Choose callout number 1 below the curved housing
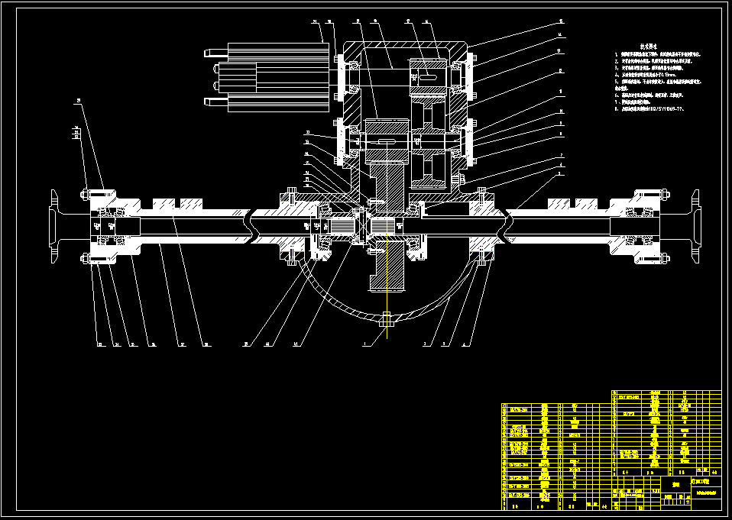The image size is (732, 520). (365, 345)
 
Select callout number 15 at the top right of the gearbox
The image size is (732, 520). (561, 21)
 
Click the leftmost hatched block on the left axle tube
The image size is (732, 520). (163, 204)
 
